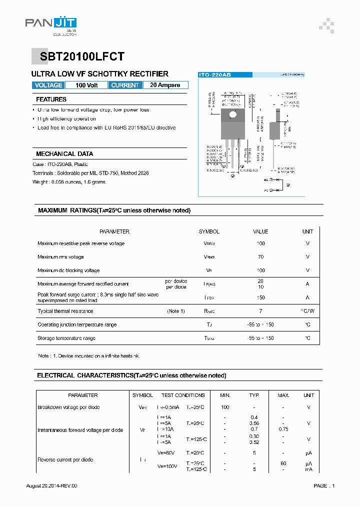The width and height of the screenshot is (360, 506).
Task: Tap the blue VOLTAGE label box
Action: click(x=48, y=85)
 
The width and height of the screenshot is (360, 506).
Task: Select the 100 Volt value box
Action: click(x=86, y=85)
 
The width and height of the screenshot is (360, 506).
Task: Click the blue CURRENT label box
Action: click(x=125, y=85)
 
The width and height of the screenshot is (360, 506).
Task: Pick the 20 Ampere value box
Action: click(x=165, y=85)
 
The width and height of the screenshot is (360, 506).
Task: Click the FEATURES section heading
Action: click(x=51, y=99)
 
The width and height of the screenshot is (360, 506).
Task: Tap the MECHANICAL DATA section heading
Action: click(x=64, y=154)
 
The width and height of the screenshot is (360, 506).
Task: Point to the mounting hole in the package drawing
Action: click(x=233, y=114)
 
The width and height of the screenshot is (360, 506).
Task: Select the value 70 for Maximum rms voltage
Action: click(x=260, y=257)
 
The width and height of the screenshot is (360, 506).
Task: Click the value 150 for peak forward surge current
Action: click(x=260, y=297)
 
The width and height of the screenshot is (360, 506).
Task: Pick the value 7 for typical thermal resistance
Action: click(x=260, y=311)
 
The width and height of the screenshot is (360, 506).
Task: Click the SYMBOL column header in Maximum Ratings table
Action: click(x=209, y=231)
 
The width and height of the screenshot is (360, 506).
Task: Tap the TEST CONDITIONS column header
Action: click(x=183, y=395)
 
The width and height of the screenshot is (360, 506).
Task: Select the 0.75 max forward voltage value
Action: click(x=283, y=429)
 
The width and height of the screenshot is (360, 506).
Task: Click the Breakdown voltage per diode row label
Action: click(x=68, y=407)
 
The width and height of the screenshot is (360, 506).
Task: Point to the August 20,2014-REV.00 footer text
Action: click(x=51, y=486)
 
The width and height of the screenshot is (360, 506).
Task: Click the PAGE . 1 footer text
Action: click(x=324, y=486)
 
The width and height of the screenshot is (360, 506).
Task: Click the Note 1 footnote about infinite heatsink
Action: click(x=89, y=356)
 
